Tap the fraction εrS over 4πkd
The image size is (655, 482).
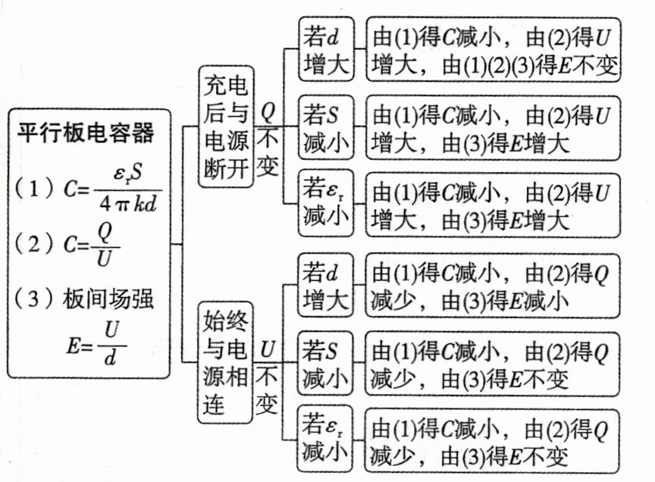[x=126, y=189]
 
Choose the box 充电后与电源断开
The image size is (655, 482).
[x=226, y=126]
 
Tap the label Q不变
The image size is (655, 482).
[x=268, y=139]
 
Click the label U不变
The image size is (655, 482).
[x=268, y=377]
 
